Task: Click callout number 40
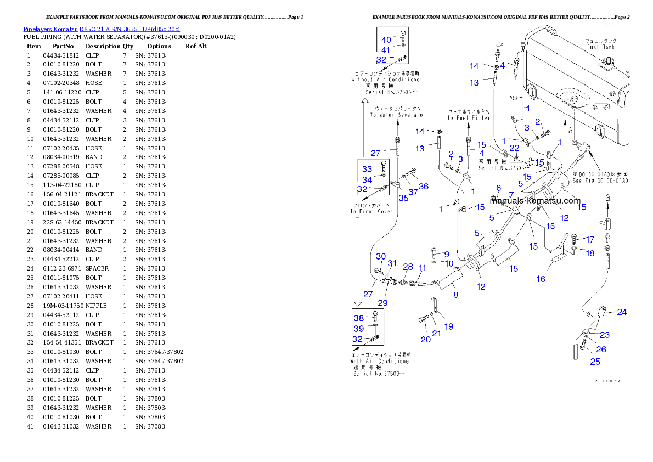click(x=386, y=40)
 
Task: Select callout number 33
click(x=367, y=169)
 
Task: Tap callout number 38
click(x=358, y=318)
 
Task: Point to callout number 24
click(x=621, y=312)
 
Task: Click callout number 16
click(x=541, y=279)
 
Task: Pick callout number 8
click(x=455, y=295)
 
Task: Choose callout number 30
click(x=381, y=256)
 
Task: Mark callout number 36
click(x=424, y=187)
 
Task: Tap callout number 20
click(x=426, y=339)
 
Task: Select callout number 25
click(x=595, y=361)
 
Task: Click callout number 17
click(x=590, y=239)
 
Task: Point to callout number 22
click(x=514, y=148)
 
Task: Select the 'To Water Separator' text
click(x=397, y=115)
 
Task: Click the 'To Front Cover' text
click(x=371, y=211)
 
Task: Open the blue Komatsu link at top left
click(x=102, y=29)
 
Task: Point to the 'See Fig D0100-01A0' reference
click(x=600, y=180)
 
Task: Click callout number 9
click(x=447, y=255)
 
